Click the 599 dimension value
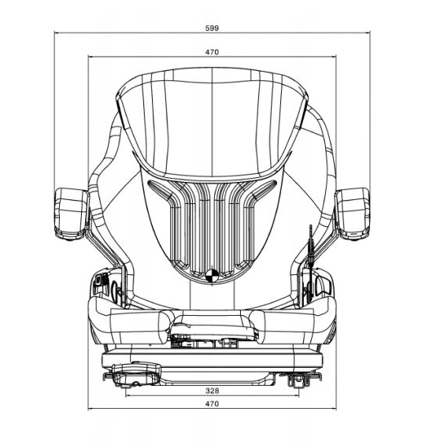[212, 28]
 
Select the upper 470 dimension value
[212, 52]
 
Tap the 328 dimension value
[212, 391]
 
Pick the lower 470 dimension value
[212, 403]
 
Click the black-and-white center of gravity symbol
[212, 276]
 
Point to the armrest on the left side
[72, 213]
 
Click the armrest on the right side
[353, 213]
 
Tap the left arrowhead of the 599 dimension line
[57, 33]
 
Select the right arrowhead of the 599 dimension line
[368, 33]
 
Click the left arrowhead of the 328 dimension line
[128, 395]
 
